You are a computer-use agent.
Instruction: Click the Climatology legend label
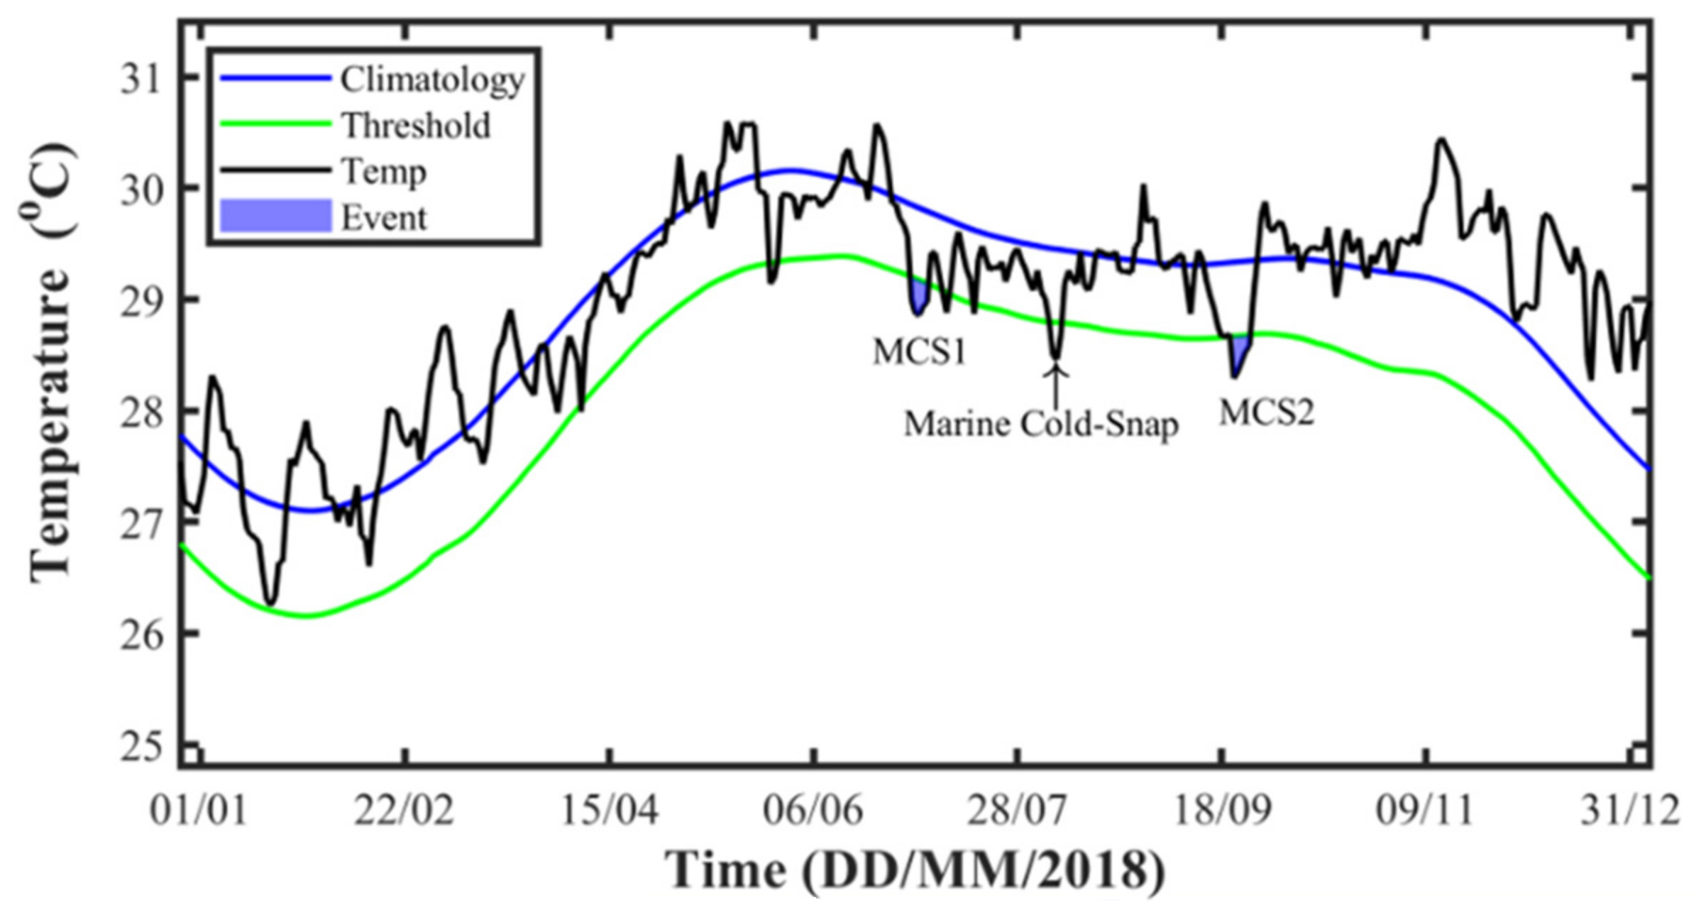click(432, 80)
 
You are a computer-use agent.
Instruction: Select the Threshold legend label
click(417, 126)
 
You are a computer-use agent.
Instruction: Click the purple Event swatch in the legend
click(276, 217)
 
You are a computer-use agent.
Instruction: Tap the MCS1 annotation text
click(920, 352)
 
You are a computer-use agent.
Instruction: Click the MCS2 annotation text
click(1267, 412)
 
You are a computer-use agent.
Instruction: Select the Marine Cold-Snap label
click(1041, 425)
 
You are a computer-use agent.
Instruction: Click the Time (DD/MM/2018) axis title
click(915, 870)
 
